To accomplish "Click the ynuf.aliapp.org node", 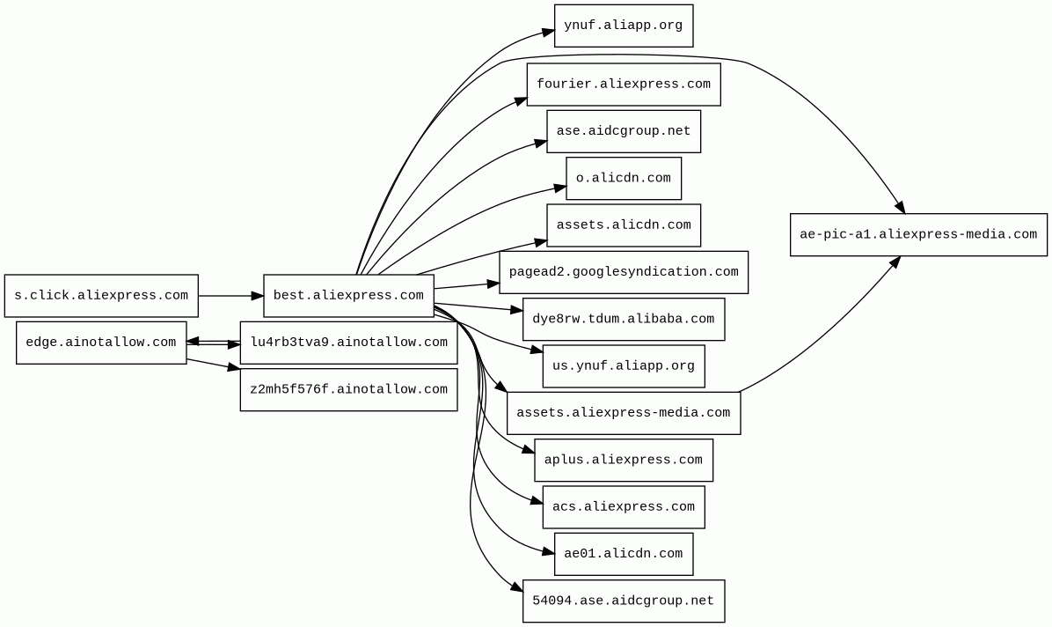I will coord(623,26).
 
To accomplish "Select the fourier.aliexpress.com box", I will coord(623,85).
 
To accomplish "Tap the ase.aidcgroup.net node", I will coord(623,131).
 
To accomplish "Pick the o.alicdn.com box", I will coord(623,178).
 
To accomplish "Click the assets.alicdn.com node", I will coord(623,225).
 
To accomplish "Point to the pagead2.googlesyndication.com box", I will coord(623,272).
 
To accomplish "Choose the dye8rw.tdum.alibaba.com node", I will coord(623,319).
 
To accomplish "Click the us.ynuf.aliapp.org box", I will coord(623,366).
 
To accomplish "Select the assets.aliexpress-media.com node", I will coord(623,413).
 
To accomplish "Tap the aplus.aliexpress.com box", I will coord(623,460).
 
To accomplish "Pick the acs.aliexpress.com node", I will coord(623,507).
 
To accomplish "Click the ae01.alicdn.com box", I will coord(623,554).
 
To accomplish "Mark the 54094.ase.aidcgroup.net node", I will coord(623,601).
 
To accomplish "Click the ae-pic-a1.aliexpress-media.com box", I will coord(918,234).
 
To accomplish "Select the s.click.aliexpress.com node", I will coord(101,296).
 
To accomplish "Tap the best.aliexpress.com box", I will coord(348,296).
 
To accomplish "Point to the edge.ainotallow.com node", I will coord(101,343).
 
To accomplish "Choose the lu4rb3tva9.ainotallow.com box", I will coord(348,343).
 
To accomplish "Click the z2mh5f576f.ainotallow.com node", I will coord(348,389).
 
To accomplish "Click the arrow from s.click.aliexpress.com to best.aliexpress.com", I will coord(230,296).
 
